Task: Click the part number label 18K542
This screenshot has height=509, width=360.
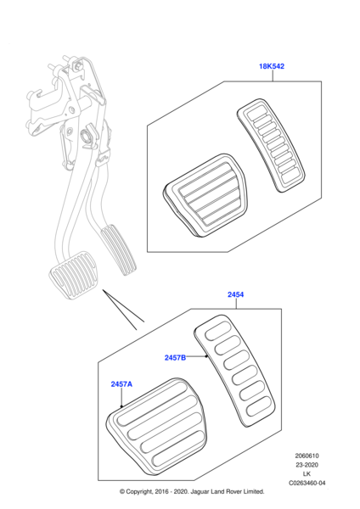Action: pos(272,66)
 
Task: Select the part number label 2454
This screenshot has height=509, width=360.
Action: pos(235,294)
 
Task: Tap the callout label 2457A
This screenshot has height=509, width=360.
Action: pos(121,384)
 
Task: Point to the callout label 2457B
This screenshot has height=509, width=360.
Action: pos(175,357)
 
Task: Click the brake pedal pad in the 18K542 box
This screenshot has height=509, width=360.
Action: pos(205,195)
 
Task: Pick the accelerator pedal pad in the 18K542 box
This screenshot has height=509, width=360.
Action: pos(271,145)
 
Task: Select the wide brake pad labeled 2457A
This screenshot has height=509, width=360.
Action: pos(156,428)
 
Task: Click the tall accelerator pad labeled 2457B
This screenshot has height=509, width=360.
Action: pos(234,370)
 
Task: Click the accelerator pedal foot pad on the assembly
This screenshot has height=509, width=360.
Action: pos(118,250)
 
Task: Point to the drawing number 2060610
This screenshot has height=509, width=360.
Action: pos(307,456)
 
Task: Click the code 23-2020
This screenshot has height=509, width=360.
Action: pos(307,465)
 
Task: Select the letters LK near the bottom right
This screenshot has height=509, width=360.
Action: pos(307,474)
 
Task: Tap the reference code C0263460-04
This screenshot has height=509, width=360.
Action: pos(307,483)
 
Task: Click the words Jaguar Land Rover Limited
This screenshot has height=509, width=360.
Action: pos(228,491)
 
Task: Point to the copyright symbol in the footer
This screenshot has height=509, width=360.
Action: pos(122,491)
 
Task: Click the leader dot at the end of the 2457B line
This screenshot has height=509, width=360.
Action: pos(206,356)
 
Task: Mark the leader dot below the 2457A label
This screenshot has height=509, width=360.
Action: pos(121,406)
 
